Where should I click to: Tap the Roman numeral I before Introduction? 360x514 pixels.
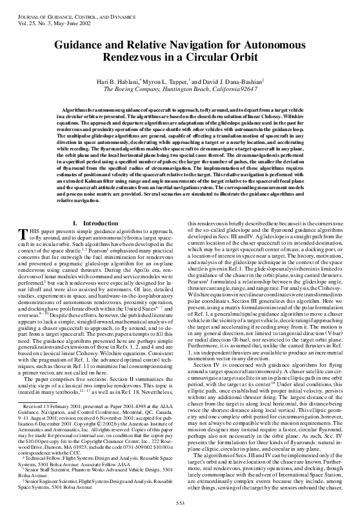click(x=75, y=223)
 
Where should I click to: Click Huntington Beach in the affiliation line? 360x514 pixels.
click(x=187, y=92)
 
